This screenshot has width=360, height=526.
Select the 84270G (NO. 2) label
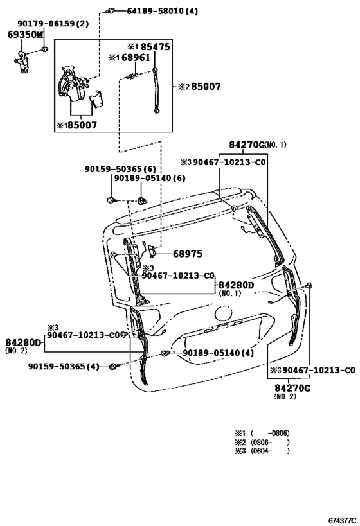(x=292, y=388)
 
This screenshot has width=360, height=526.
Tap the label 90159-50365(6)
(x=125, y=168)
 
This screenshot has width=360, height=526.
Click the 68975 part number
(x=186, y=254)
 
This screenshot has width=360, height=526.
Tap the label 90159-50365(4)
(x=64, y=366)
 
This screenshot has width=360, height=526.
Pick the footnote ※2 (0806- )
(x=262, y=443)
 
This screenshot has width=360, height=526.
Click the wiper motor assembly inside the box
(x=76, y=83)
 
